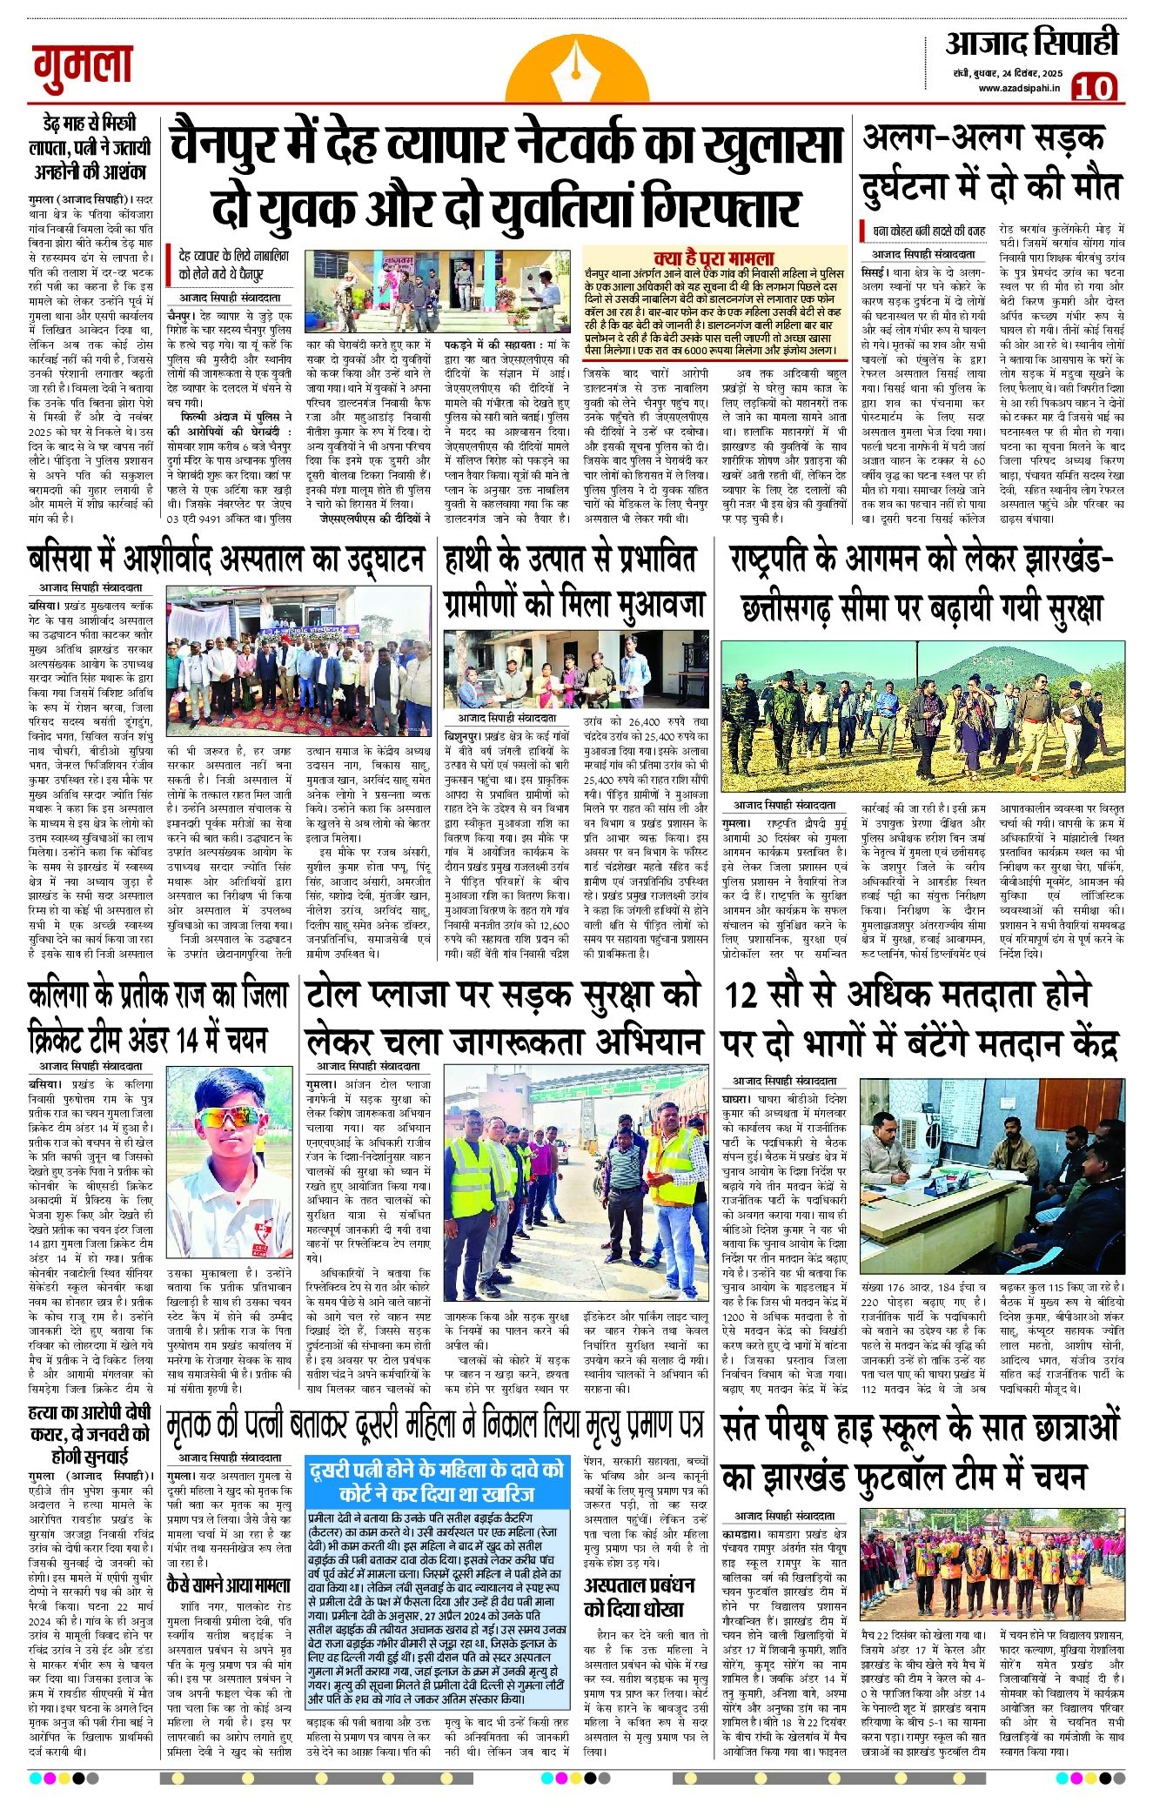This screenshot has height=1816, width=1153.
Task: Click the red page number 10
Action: tap(1094, 88)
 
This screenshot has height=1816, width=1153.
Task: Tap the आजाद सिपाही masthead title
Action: tap(1031, 44)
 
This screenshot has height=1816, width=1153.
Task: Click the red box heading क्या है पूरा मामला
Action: tap(714, 258)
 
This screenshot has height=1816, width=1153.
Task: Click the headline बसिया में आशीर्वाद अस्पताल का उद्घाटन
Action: tap(227, 560)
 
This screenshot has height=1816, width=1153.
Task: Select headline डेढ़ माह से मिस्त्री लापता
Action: tap(89, 146)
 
